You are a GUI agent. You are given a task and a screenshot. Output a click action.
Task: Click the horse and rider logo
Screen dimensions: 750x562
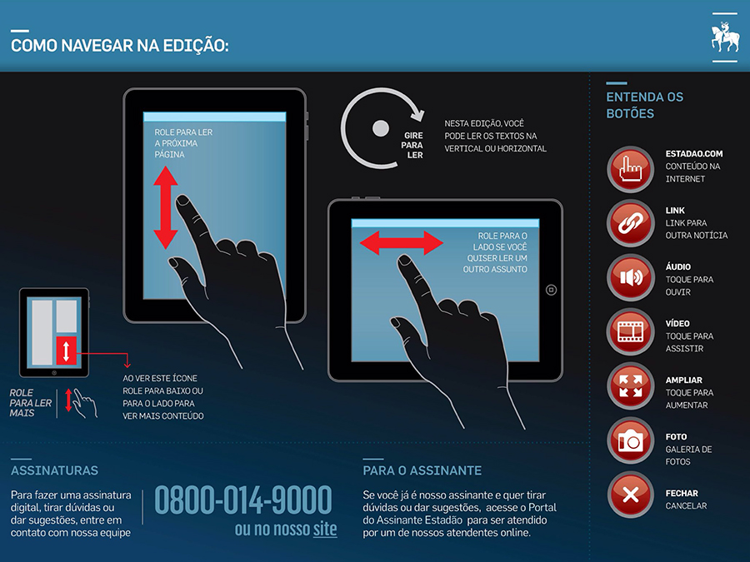(x=725, y=37)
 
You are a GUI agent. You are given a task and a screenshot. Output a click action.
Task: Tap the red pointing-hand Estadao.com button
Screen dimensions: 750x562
(x=631, y=169)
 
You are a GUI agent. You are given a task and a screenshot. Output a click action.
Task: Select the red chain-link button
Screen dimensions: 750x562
(x=631, y=223)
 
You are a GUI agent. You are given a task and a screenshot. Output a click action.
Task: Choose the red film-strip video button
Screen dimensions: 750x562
(x=631, y=331)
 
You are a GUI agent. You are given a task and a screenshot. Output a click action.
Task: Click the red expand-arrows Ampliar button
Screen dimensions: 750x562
(x=631, y=386)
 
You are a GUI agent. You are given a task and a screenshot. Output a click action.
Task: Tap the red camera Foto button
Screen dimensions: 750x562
(x=631, y=440)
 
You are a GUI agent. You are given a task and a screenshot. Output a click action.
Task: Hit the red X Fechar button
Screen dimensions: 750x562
(x=631, y=495)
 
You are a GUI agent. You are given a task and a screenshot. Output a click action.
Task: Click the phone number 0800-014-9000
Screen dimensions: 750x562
(x=243, y=500)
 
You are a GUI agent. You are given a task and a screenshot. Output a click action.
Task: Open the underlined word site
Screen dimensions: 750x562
(x=325, y=529)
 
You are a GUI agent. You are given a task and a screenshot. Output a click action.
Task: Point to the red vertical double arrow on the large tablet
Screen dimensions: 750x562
(x=166, y=208)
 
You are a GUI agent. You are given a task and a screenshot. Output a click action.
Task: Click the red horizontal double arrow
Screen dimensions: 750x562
(x=402, y=243)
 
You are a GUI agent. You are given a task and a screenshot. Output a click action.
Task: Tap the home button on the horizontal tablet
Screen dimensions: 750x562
(x=551, y=290)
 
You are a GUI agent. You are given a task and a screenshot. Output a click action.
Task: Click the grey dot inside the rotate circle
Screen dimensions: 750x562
(x=381, y=128)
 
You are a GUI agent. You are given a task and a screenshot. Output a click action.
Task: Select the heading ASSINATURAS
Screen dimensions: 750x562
(x=54, y=470)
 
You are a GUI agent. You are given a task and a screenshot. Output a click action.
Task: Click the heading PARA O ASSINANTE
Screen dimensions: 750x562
(x=422, y=470)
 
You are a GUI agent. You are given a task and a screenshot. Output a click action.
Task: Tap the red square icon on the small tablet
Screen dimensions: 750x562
(x=66, y=351)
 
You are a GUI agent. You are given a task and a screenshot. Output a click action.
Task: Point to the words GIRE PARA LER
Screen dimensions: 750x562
(x=412, y=145)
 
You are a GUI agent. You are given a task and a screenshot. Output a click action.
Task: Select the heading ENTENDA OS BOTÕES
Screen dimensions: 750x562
(x=645, y=105)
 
